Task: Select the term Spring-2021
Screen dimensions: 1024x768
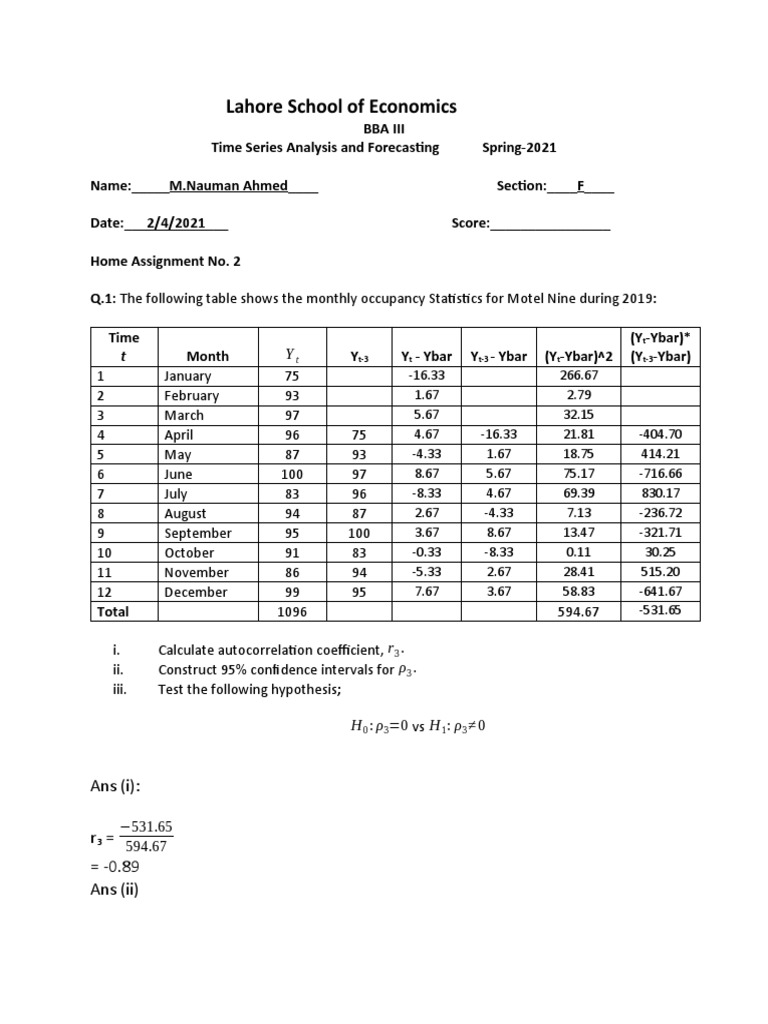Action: pyautogui.click(x=519, y=148)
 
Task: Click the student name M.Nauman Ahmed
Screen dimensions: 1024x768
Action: pyautogui.click(x=228, y=186)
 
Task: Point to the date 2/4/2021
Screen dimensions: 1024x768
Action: pyautogui.click(x=175, y=223)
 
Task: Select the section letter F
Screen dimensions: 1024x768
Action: pyautogui.click(x=581, y=186)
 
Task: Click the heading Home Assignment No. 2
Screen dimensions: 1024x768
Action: pyautogui.click(x=165, y=261)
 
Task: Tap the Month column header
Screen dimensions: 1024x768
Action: pyautogui.click(x=207, y=356)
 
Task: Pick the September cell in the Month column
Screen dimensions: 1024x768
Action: pyautogui.click(x=198, y=533)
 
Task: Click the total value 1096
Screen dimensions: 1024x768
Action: pyautogui.click(x=290, y=612)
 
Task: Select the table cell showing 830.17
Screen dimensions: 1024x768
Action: pyautogui.click(x=659, y=494)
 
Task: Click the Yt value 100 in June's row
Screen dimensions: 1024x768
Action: pyautogui.click(x=290, y=474)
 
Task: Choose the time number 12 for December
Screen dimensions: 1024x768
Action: pyautogui.click(x=104, y=592)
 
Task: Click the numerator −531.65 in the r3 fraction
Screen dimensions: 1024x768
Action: pyautogui.click(x=146, y=826)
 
